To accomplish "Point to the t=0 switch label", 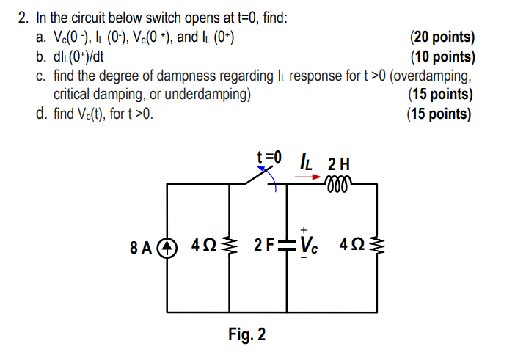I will click(269, 156).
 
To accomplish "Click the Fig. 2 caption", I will click(247, 335).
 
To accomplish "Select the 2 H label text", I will click(340, 162).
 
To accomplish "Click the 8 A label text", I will click(142, 245).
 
